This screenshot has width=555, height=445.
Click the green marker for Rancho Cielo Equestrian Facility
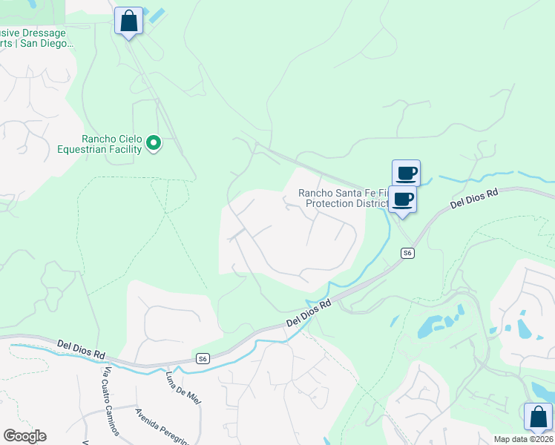154,142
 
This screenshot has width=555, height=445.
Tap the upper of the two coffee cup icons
406,174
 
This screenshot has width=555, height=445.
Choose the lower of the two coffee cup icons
403,199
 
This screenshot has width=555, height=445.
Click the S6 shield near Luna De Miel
203,358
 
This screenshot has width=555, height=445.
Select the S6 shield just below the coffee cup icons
407,253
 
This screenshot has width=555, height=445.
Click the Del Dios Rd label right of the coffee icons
476,199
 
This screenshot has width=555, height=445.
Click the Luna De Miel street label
183,387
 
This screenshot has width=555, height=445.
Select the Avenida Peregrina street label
161,425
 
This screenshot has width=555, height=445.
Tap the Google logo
24,435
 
